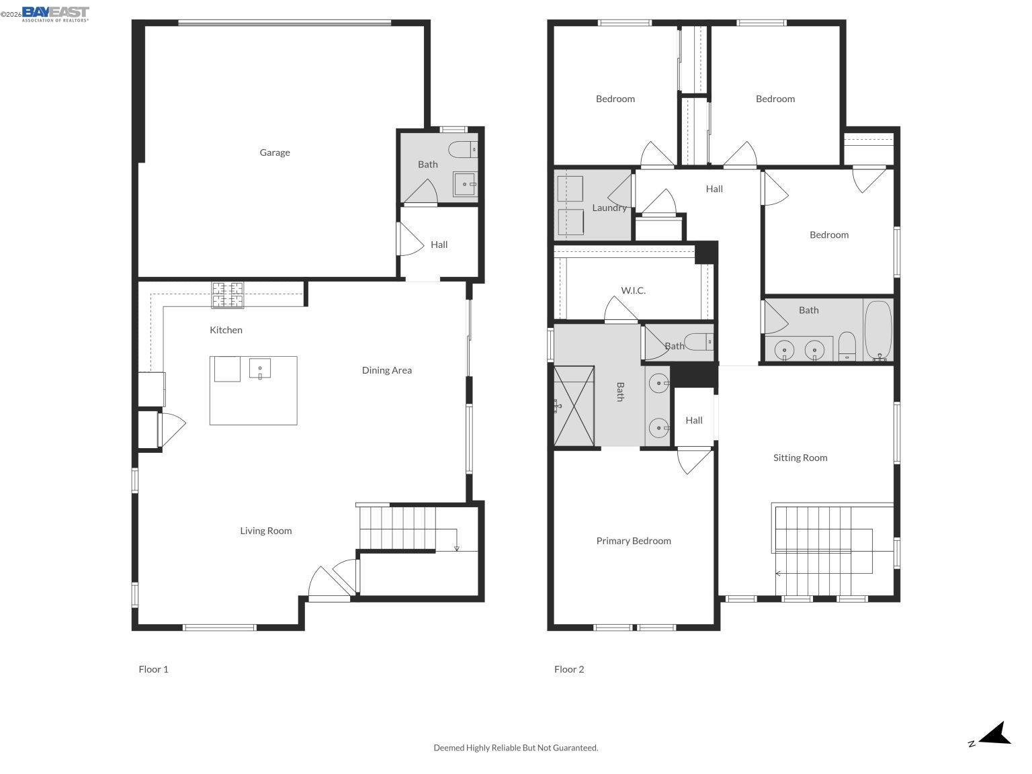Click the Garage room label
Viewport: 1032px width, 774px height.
click(x=275, y=153)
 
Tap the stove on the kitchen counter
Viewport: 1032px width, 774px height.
click(x=228, y=295)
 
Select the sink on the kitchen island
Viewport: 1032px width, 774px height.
click(x=260, y=369)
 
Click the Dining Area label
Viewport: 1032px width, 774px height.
click(x=386, y=370)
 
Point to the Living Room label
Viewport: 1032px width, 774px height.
click(x=266, y=531)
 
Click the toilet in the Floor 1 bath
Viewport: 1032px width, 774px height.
click(x=463, y=150)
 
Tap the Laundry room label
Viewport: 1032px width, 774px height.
click(x=609, y=208)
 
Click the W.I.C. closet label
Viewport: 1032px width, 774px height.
click(x=633, y=290)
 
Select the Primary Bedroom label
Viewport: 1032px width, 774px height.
click(x=634, y=541)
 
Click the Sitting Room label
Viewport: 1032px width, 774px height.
click(x=800, y=458)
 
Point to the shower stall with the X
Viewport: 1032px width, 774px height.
click(x=574, y=406)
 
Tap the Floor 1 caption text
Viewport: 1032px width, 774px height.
click(x=153, y=669)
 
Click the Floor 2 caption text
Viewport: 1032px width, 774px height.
click(x=569, y=669)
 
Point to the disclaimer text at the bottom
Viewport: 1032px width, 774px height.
click(x=515, y=748)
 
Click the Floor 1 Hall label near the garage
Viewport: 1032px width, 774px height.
click(x=439, y=245)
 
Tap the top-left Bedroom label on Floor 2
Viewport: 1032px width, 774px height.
click(x=615, y=99)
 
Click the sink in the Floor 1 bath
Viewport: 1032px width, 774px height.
click(x=464, y=184)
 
